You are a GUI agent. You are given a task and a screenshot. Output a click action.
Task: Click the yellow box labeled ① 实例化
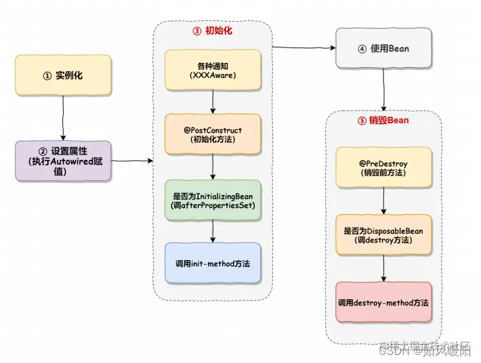point(63,75)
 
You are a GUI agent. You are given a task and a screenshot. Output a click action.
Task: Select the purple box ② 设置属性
point(63,161)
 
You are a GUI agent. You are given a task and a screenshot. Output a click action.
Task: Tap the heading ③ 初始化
point(213,31)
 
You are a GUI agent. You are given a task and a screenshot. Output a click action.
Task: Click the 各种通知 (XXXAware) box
point(212,70)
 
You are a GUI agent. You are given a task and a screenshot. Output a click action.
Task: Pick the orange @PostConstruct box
point(213,134)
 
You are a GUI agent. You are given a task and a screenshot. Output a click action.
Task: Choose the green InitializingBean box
point(213,200)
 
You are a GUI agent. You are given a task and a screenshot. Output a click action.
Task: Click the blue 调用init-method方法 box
point(213,263)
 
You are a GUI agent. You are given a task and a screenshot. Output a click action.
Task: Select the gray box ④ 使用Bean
point(383,49)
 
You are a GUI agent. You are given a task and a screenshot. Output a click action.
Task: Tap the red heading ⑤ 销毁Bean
point(383,121)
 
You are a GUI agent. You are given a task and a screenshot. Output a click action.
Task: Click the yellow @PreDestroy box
point(383,167)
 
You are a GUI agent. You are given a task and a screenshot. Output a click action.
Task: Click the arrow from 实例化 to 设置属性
point(63,116)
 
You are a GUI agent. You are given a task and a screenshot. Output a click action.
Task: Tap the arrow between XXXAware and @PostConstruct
point(213,102)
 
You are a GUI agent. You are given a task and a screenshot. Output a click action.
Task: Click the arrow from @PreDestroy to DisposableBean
point(384,201)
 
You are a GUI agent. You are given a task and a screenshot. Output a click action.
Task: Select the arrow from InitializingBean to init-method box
point(213,231)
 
